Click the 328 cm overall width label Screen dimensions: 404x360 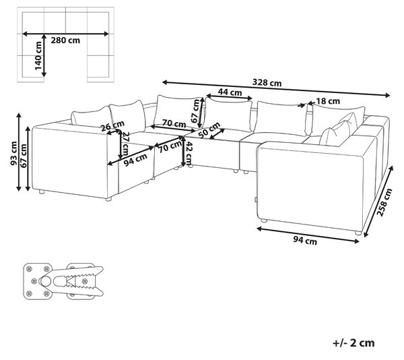point(267,83)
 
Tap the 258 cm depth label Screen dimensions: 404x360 point(384,202)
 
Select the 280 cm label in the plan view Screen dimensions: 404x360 point(65,40)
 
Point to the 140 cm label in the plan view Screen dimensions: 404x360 point(38,56)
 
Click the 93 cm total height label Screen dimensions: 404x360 point(13,154)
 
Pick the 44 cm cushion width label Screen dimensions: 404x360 point(230,92)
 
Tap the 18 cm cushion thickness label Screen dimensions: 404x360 point(328,101)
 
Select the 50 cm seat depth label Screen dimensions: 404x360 point(209,130)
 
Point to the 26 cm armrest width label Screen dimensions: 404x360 point(112,125)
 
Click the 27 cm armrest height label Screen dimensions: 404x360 point(126,144)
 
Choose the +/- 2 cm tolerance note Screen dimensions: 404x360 point(353,343)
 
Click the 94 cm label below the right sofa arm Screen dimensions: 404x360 point(305,241)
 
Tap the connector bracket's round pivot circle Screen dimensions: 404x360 point(46,281)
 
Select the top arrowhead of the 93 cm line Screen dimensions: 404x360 point(19,116)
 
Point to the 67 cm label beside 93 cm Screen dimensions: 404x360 point(23,156)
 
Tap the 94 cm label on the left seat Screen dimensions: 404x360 point(135,160)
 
